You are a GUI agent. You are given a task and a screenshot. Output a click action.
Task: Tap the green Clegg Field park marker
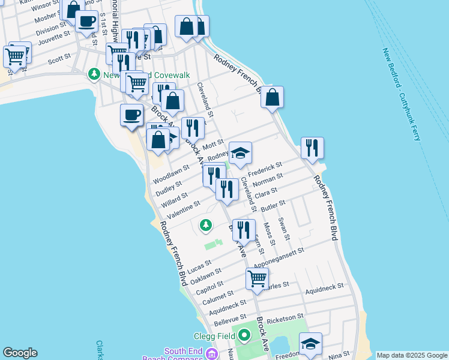pyautogui.click(x=244, y=335)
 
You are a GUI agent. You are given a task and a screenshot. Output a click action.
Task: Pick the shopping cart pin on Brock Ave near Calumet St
pyautogui.click(x=257, y=278)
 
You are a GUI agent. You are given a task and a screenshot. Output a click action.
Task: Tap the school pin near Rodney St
pyautogui.click(x=240, y=153)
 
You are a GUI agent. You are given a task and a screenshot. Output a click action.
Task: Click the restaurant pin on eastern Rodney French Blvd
pyautogui.click(x=312, y=148)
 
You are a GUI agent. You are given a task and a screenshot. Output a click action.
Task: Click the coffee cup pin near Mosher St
pyautogui.click(x=86, y=22)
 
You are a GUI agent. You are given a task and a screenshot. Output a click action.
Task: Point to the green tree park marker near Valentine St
pyautogui.click(x=206, y=226)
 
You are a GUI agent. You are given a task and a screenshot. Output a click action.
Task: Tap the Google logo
pyautogui.click(x=20, y=353)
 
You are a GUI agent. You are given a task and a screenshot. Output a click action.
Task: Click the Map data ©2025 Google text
pyautogui.click(x=412, y=355)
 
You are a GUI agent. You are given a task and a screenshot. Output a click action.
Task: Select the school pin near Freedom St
pyautogui.click(x=310, y=344)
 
